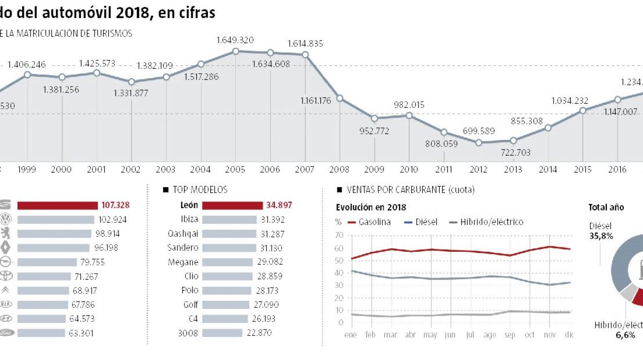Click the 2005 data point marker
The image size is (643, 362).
(236, 51)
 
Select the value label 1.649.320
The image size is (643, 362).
(235, 40)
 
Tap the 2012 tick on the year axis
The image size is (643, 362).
(478, 169)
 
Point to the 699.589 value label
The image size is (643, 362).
(479, 131)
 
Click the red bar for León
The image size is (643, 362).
(232, 206)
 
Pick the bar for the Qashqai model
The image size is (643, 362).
(229, 234)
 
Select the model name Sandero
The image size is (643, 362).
(183, 248)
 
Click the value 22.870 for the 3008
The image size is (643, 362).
(259, 333)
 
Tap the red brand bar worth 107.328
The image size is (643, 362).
(57, 206)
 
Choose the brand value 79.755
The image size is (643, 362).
(92, 262)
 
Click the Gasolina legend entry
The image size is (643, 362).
(369, 222)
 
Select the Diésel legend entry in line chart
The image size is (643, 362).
(421, 222)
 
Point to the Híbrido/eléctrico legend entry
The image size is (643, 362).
(486, 222)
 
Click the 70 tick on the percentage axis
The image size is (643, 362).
(339, 235)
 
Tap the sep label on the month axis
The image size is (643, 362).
(510, 335)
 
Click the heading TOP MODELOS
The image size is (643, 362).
(200, 190)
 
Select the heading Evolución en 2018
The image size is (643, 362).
(371, 208)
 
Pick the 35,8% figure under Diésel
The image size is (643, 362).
(601, 236)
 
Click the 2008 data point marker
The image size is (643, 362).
(340, 98)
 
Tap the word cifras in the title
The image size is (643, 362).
(196, 13)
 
